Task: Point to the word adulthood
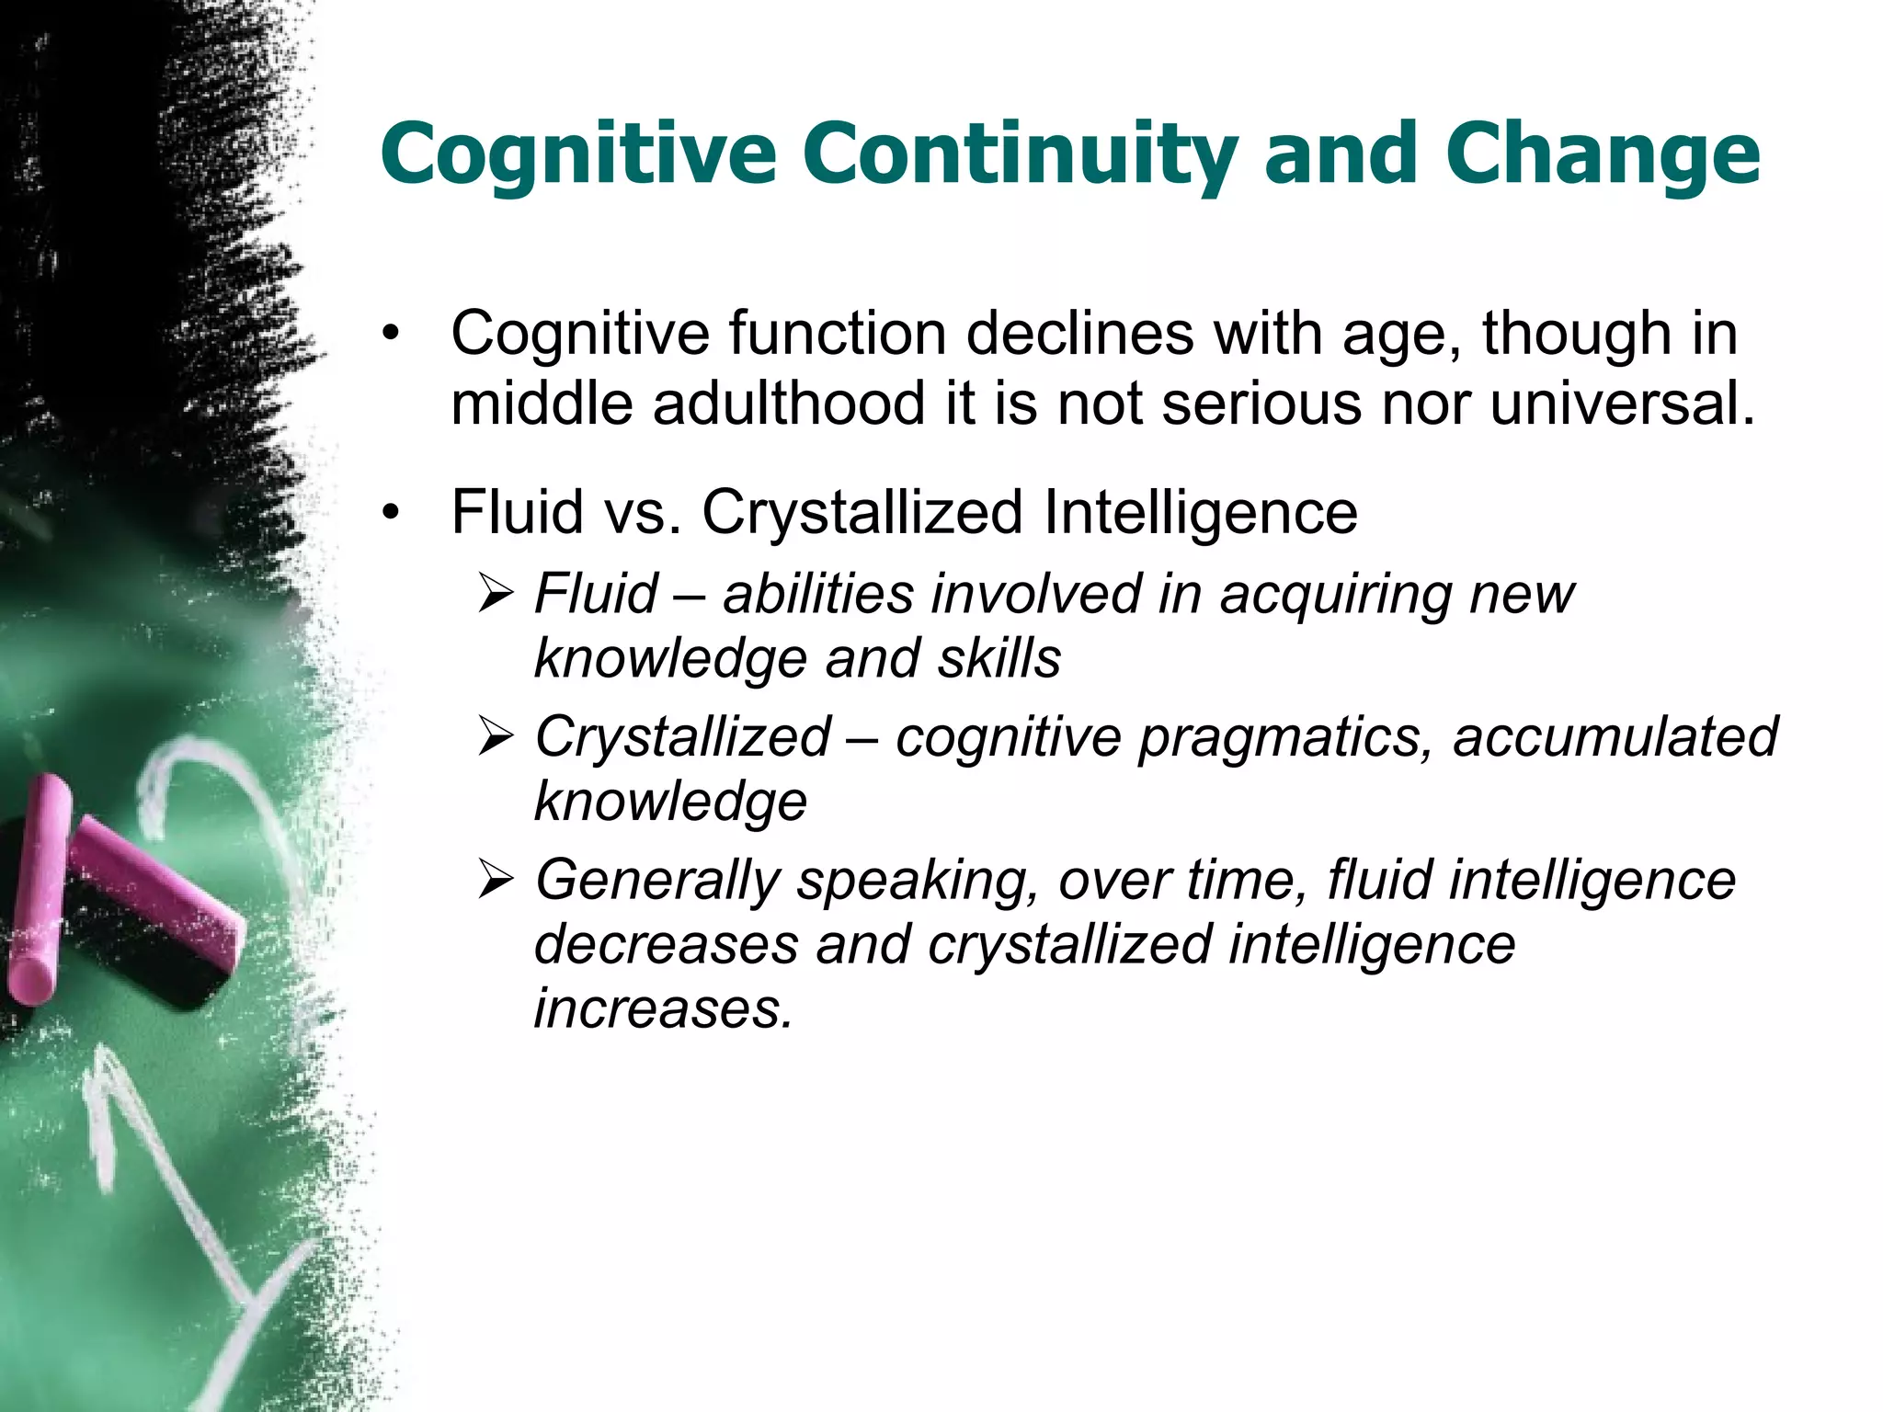click(x=788, y=404)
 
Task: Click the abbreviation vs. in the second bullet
click(x=643, y=512)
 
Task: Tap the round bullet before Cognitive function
click(x=393, y=335)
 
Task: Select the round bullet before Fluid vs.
click(x=393, y=513)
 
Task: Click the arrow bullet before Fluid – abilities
click(x=496, y=594)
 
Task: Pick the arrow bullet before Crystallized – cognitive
click(x=496, y=737)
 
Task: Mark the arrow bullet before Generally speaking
click(x=496, y=881)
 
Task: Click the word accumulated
click(x=1615, y=737)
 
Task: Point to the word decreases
click(x=666, y=946)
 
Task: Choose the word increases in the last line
click(x=662, y=1009)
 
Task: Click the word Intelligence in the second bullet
click(x=1201, y=512)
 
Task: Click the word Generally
click(x=657, y=881)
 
